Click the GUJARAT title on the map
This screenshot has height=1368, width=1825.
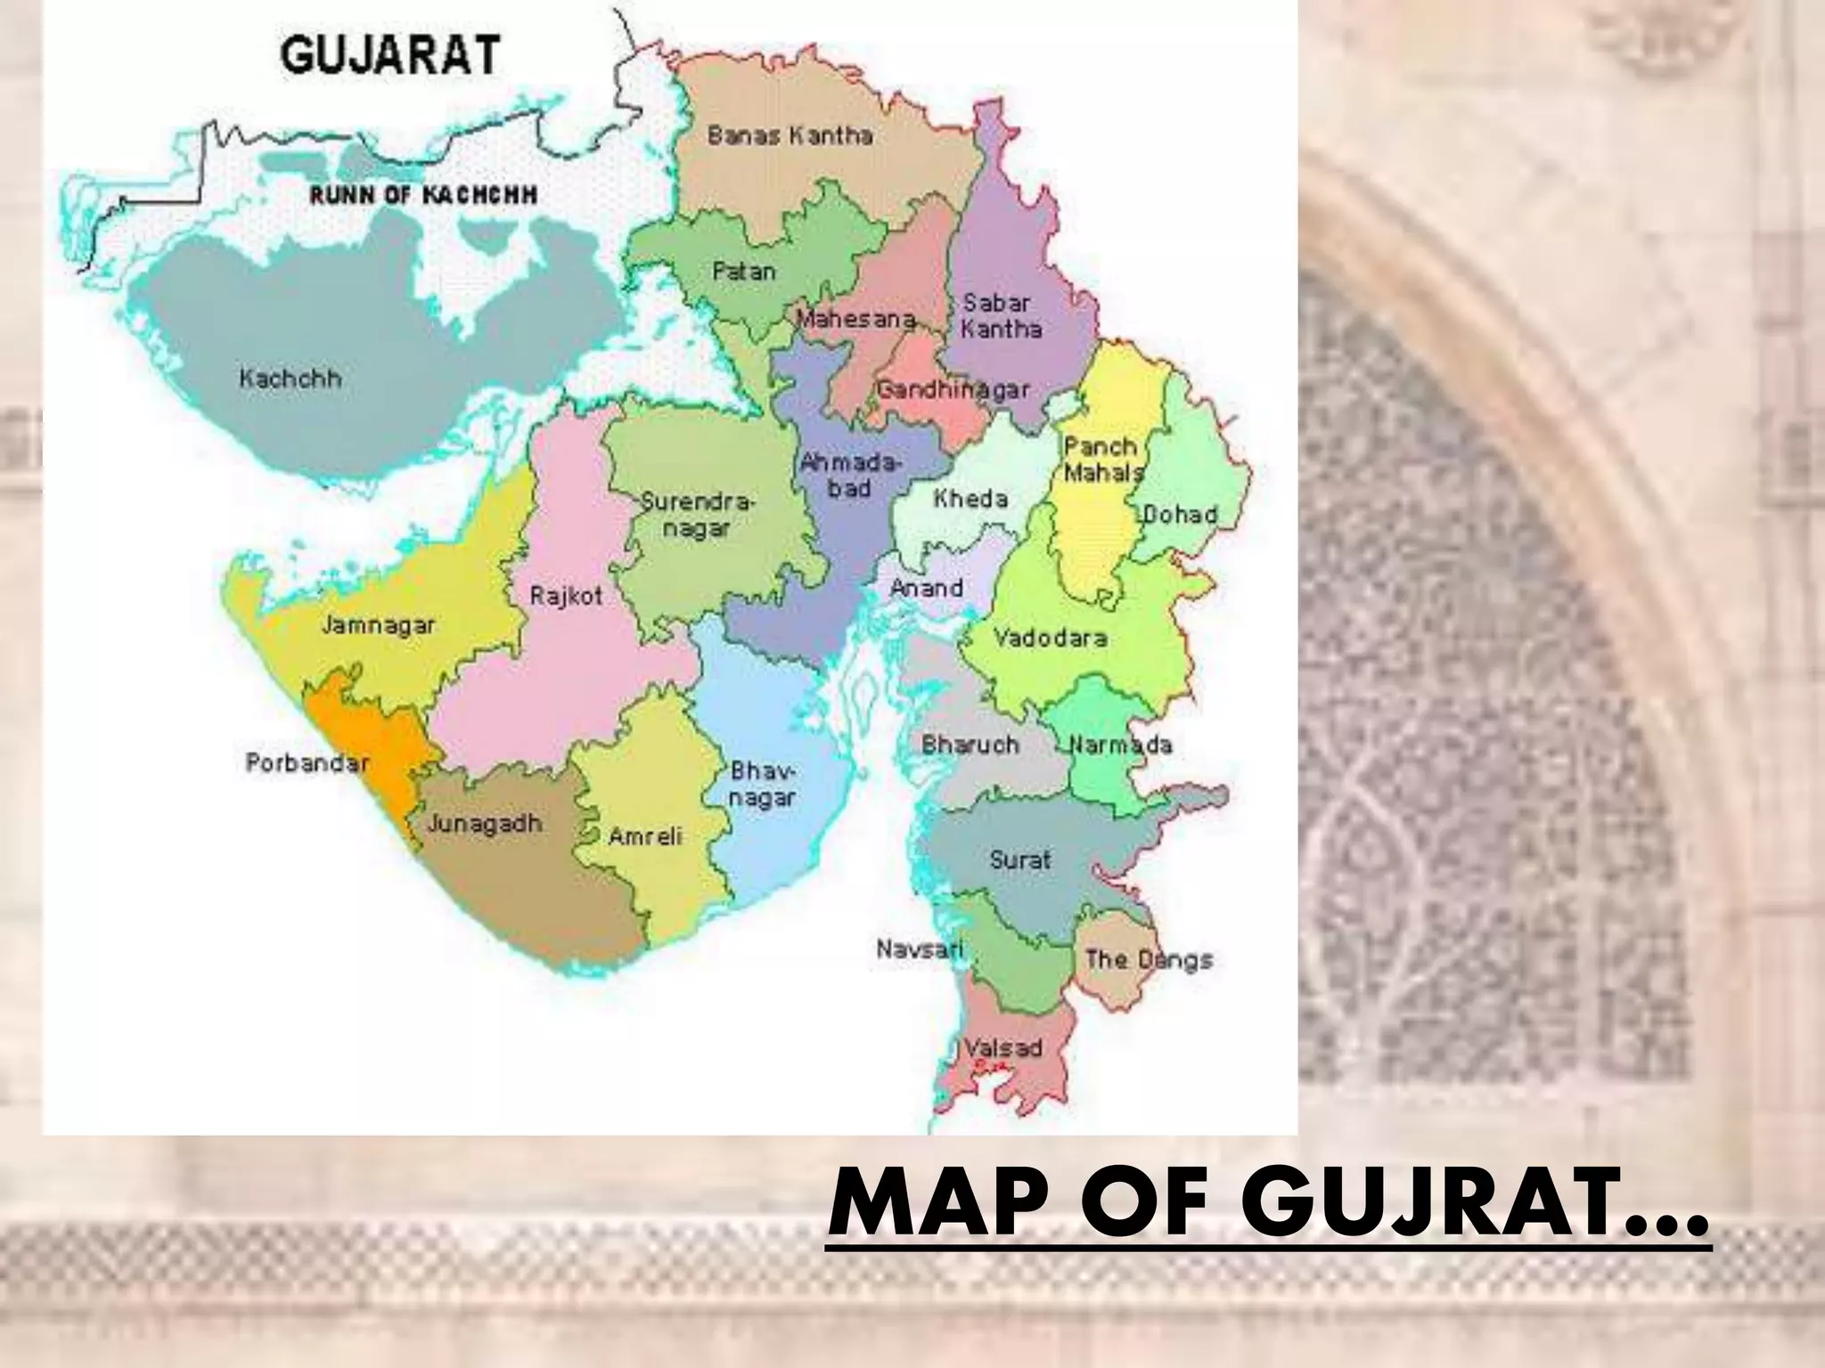pos(390,55)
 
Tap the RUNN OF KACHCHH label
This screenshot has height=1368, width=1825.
pos(423,195)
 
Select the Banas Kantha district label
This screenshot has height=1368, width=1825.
pos(790,135)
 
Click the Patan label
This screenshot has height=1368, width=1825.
pos(744,271)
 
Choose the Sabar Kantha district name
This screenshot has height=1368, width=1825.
pos(1001,316)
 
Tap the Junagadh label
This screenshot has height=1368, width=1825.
pos(484,824)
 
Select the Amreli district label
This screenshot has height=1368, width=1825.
pos(645,836)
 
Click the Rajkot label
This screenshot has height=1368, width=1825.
pos(566,596)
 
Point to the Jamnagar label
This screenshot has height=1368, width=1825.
pos(378,625)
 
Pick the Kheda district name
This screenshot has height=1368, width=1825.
pos(970,499)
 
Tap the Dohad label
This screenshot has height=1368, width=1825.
pos(1180,515)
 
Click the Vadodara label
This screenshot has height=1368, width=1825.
pos(1050,638)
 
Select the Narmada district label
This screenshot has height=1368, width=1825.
pos(1121,745)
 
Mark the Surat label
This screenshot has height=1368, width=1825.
pos(1020,860)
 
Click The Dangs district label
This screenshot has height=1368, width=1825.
pos(1149,960)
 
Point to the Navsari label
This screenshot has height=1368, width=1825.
pos(920,949)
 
